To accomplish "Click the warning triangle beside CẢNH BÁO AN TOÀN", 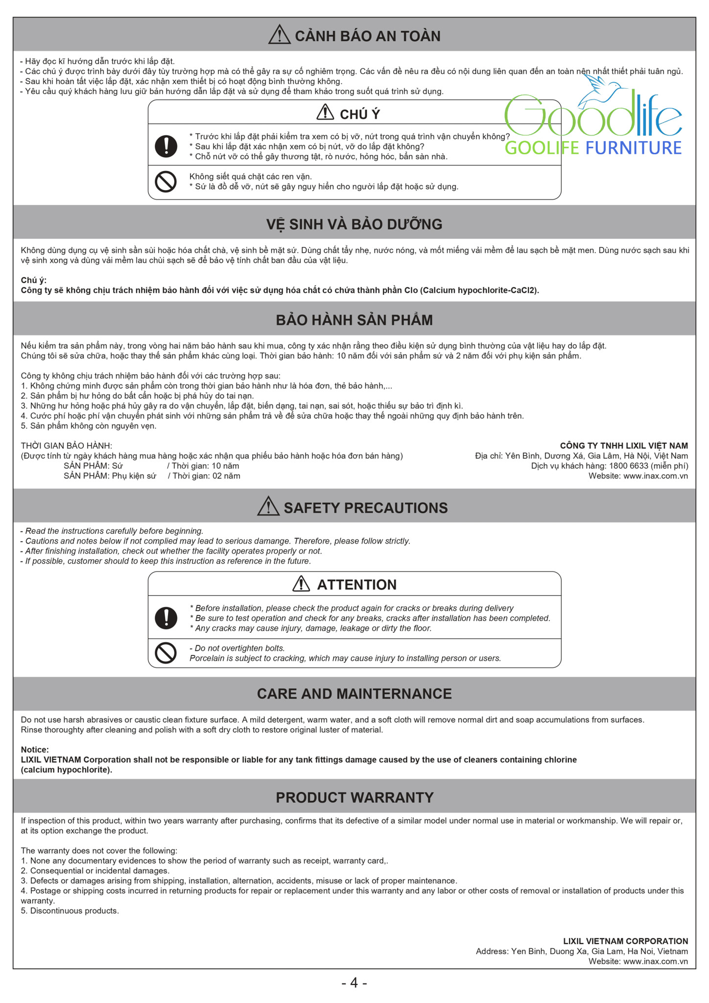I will (x=280, y=35).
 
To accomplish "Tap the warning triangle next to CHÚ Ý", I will (x=325, y=113).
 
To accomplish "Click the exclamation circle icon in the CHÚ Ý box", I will (x=166, y=146).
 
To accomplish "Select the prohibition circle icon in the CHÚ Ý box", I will (x=166, y=182).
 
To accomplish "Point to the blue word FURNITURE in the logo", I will (x=634, y=148).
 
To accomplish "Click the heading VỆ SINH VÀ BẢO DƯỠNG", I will (x=354, y=224).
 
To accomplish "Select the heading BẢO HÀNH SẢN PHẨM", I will (x=354, y=320).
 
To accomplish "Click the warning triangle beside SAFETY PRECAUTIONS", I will (x=268, y=506).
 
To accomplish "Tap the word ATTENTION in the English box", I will (x=357, y=585).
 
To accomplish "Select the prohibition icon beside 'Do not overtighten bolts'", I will (x=166, y=653).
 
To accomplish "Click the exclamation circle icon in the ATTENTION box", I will (x=166, y=618).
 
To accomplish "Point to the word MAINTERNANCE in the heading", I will (x=396, y=694).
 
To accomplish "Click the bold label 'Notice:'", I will (x=35, y=750).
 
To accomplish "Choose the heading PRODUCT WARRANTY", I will (x=354, y=797).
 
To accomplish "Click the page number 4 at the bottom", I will (x=354, y=982).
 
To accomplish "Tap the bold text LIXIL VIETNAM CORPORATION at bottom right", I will (x=625, y=941).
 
